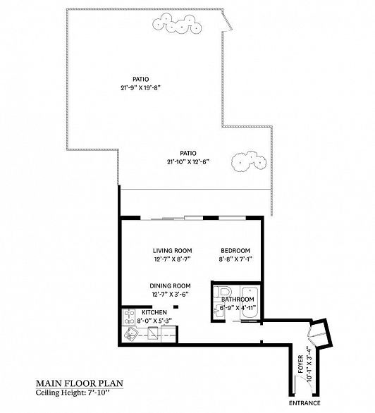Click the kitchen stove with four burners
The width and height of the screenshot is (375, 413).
tap(129, 317)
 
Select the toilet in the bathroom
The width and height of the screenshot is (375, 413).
tap(223, 292)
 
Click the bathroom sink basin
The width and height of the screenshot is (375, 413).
tap(218, 312)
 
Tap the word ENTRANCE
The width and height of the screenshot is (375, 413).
tap(305, 403)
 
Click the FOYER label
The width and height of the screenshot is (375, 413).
tap(300, 364)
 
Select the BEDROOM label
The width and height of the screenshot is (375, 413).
tap(235, 250)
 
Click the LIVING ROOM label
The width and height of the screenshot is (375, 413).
tap(173, 250)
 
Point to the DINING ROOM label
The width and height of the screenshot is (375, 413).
tap(170, 285)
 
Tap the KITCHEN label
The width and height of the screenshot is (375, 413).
tap(154, 312)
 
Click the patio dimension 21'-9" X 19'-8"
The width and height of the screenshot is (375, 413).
tap(141, 87)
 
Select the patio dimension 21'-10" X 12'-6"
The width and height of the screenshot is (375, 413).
tap(188, 161)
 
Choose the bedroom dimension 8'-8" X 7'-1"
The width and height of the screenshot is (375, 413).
tap(235, 259)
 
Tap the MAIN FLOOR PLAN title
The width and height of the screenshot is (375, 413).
tap(80, 383)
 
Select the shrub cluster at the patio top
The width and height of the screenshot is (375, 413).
tap(177, 24)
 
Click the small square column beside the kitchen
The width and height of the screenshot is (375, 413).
tap(176, 307)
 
